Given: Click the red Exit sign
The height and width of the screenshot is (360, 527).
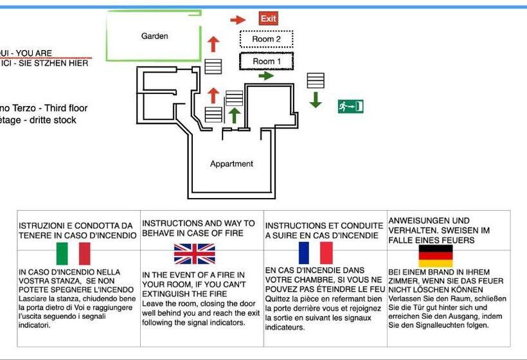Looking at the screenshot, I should tap(268, 19).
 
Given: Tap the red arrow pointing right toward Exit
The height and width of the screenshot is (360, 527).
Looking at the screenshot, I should tap(238, 20).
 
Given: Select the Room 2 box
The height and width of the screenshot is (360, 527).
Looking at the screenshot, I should tap(266, 39).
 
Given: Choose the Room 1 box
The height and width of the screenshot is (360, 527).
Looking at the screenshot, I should tap(266, 62).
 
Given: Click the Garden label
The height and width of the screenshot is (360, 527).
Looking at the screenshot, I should tap(155, 36).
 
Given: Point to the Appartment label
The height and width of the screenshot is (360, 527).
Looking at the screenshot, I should tap(231, 164).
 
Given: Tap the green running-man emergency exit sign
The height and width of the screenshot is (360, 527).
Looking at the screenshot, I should tap(350, 106).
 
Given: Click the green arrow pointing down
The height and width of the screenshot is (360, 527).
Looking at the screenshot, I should tap(315, 100).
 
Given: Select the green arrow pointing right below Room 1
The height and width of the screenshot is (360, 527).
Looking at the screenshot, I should tap(265, 76).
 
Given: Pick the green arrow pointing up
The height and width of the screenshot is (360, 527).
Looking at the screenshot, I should tap(235, 115).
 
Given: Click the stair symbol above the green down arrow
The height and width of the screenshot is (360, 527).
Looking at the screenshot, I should tap(315, 80).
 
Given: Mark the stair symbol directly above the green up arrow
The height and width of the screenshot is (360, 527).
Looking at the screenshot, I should tap(234, 98).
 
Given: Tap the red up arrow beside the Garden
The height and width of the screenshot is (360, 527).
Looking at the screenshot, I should tap(213, 44).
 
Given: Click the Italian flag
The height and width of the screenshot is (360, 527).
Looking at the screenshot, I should tap(73, 254).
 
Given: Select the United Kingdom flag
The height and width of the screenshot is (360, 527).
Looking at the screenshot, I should tap(194, 254).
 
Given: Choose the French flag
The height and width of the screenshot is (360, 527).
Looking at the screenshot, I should tap(316, 253).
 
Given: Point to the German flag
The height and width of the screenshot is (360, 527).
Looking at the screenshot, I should tap(436, 256).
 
